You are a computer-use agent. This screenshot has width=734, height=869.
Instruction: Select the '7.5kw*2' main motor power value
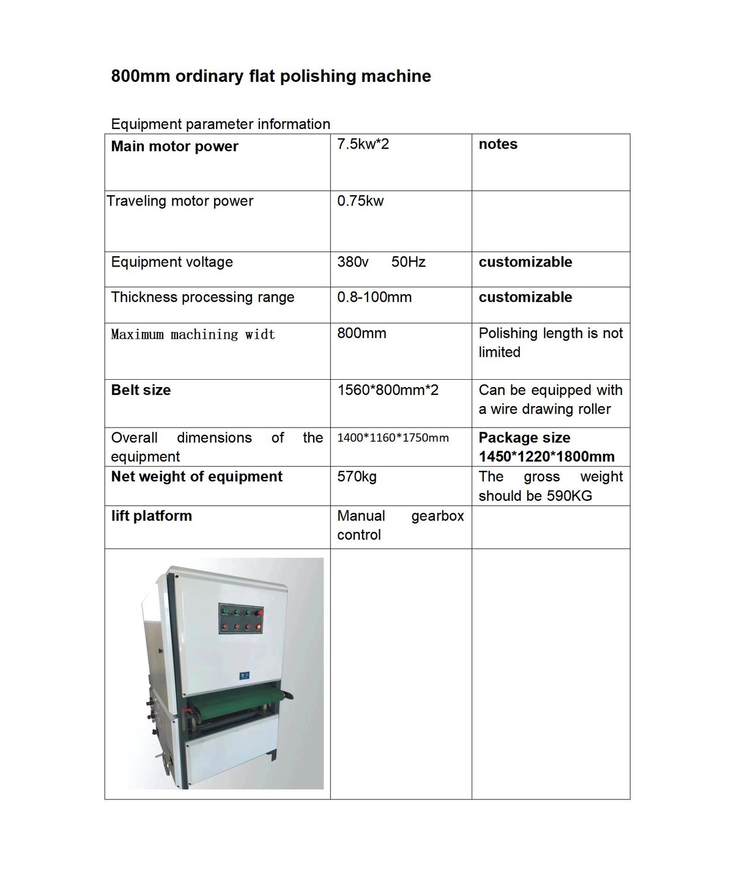coord(363,144)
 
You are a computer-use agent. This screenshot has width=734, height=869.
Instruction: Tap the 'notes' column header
coord(498,144)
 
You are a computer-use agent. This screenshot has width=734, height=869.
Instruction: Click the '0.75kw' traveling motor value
coord(360,201)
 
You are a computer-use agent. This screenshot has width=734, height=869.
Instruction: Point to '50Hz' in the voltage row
coord(408,262)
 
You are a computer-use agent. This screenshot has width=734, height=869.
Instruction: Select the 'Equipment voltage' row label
coord(172,262)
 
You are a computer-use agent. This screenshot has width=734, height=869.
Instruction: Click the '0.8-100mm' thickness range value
coord(374,297)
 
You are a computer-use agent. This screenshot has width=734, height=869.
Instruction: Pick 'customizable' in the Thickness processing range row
coord(525,297)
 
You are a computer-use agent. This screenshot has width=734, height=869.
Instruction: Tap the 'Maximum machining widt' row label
coord(193,335)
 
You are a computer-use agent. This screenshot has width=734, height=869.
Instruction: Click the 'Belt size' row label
coord(141,390)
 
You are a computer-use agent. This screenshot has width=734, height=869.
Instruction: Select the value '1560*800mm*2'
coord(388,390)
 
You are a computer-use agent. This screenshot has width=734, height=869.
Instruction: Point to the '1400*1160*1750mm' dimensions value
coord(393,438)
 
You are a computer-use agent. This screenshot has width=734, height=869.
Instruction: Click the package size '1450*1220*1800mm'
coord(546,457)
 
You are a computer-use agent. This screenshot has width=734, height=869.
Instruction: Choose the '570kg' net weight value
coord(357,477)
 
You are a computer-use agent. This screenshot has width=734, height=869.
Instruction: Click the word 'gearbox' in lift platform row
coord(437,516)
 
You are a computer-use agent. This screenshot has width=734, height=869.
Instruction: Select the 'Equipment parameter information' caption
coord(220,124)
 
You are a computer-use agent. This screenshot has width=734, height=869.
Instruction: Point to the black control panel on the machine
coord(241,618)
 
